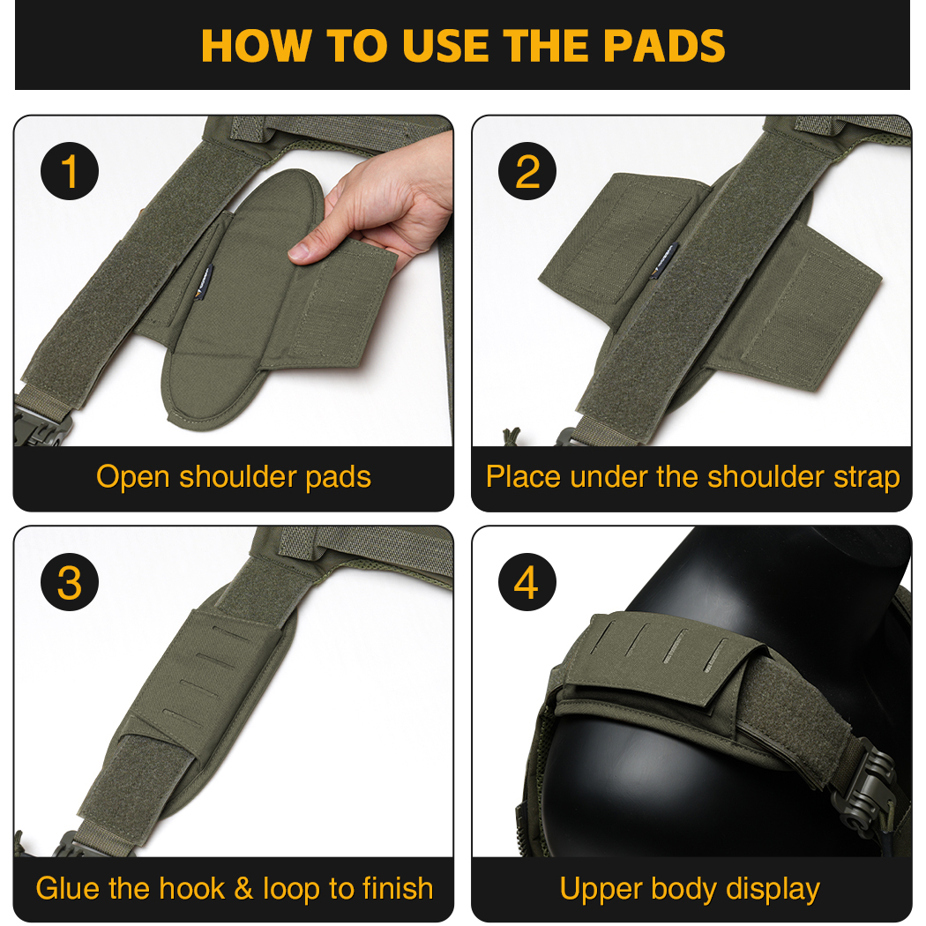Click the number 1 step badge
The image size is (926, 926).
[69, 170]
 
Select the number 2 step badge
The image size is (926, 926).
[526, 170]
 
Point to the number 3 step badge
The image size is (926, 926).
[69, 582]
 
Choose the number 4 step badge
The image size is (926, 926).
[526, 582]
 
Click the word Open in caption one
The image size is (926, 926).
[133, 477]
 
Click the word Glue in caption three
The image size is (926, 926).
[67, 887]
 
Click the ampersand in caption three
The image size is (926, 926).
[244, 887]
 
